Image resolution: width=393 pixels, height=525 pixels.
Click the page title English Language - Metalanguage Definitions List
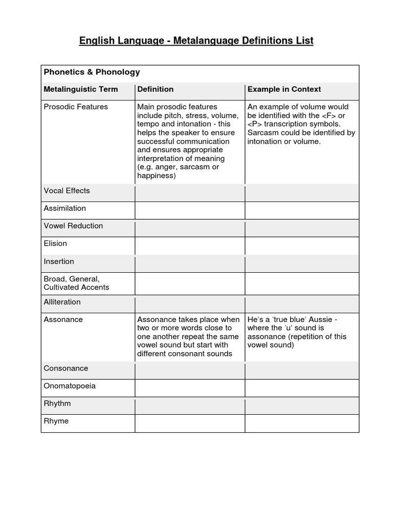[196, 41]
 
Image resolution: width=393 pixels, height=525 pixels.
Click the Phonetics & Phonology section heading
[92, 72]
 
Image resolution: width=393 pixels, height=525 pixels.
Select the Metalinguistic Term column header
[81, 89]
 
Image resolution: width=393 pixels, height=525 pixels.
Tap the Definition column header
[155, 89]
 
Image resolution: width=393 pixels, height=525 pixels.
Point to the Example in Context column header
[284, 89]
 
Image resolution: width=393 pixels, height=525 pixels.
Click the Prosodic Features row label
[76, 107]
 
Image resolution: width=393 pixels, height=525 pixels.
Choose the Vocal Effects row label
[67, 191]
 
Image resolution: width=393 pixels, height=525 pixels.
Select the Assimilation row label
[65, 208]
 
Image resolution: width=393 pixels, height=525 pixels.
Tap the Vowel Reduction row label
[73, 226]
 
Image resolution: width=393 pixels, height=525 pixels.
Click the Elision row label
[55, 244]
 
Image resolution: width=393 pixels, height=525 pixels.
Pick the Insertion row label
[59, 261]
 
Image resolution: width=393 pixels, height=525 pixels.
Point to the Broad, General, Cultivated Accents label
[76, 283]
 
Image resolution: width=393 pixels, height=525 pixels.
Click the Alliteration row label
[62, 302]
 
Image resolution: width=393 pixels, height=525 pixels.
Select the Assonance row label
[63, 319]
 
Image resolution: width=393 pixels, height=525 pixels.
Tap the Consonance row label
[65, 368]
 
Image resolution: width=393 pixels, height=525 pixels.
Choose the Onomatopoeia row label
[70, 386]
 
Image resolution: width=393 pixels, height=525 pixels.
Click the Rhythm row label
[57, 403]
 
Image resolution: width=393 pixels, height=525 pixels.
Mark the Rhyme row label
[56, 421]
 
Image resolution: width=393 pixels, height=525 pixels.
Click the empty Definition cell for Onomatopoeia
[190, 388]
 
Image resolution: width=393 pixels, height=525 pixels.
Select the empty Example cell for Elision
[302, 246]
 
